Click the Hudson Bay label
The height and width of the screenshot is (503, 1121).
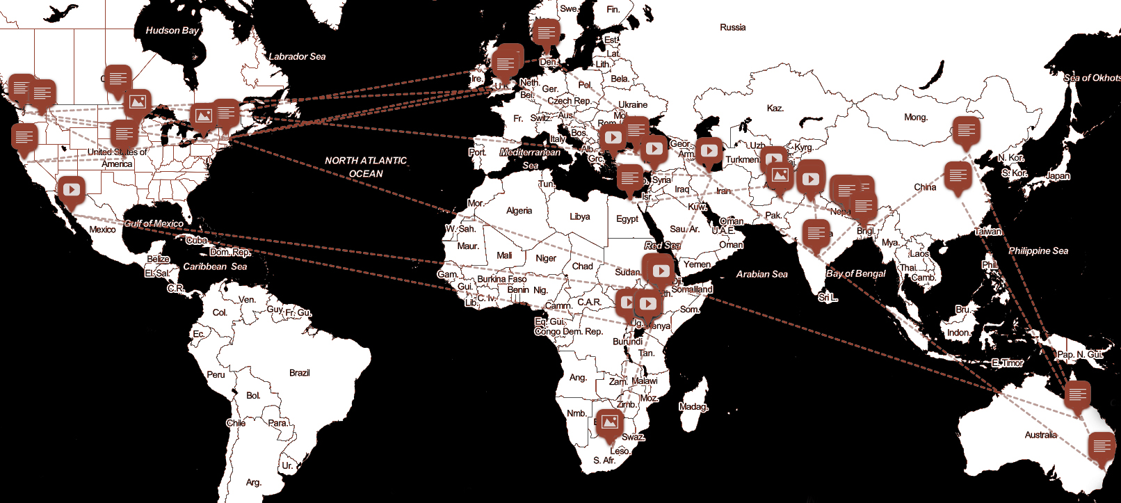(x=172, y=31)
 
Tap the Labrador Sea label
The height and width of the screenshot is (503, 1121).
(x=297, y=56)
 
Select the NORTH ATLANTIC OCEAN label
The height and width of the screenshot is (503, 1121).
(x=366, y=167)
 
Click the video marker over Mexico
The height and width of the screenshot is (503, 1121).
(x=71, y=189)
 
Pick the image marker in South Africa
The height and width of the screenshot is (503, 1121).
(x=609, y=422)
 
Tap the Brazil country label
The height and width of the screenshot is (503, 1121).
(x=299, y=373)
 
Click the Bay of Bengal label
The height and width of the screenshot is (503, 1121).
(x=855, y=273)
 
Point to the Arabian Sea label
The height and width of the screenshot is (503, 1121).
(x=761, y=274)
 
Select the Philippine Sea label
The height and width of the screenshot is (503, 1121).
(x=1038, y=250)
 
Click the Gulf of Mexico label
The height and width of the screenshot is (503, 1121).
(x=154, y=223)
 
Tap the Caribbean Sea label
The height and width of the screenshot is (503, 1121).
(x=215, y=266)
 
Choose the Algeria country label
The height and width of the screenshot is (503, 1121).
(x=519, y=211)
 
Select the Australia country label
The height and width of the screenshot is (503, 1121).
(x=1040, y=435)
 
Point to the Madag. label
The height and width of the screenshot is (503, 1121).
(x=693, y=406)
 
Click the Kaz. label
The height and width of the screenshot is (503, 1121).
(x=775, y=108)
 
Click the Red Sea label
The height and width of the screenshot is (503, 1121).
(x=662, y=245)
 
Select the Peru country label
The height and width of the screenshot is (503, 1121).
(x=216, y=374)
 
